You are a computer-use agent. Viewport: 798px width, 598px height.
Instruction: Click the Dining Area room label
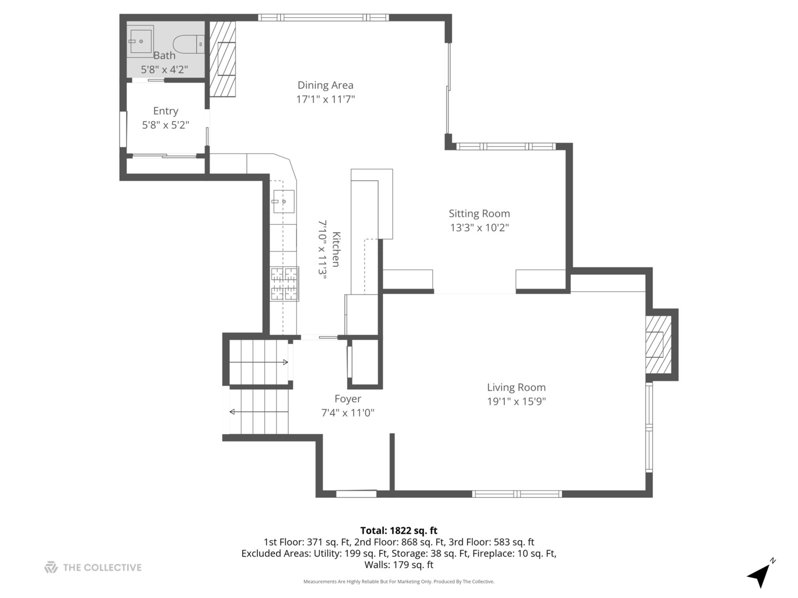pos(325,85)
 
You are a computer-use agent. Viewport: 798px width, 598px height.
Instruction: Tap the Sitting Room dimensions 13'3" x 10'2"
pos(479,228)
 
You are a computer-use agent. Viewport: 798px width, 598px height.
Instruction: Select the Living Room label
pos(516,388)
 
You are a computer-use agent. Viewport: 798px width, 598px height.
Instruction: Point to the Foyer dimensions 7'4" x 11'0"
pos(347,413)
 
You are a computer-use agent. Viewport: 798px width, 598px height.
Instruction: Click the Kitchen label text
pos(336,249)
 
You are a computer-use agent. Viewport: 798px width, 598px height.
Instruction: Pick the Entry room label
pos(165,111)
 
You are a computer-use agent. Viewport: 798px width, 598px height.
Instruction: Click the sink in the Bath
pos(141,42)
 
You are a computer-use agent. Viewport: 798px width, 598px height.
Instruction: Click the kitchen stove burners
pos(284,283)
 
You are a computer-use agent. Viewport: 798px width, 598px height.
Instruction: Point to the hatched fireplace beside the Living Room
pos(658,344)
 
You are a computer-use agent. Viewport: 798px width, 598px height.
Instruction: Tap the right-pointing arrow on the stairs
pos(285,362)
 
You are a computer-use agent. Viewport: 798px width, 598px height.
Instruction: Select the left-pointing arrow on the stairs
pos(232,411)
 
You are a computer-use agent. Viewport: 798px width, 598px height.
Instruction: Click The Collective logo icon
pos(51,568)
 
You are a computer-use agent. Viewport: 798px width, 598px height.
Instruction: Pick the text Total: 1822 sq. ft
pos(398,530)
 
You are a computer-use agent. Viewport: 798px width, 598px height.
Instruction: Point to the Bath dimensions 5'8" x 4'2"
pos(164,70)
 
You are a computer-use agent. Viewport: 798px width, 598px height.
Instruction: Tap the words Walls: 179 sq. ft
pos(398,565)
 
